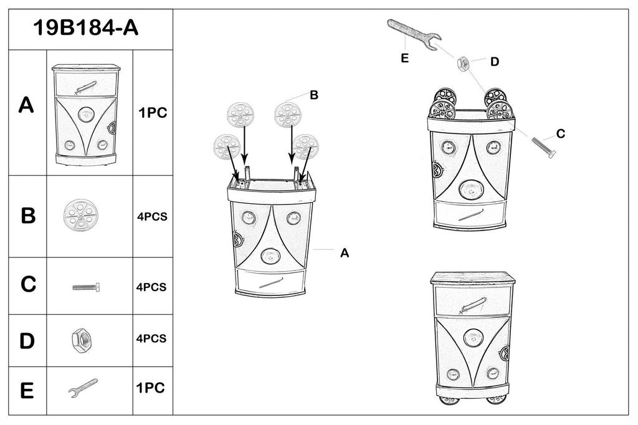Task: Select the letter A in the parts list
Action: click(x=26, y=105)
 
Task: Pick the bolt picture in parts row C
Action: click(x=86, y=287)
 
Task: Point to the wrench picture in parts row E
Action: click(x=83, y=388)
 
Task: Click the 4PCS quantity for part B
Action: click(x=151, y=217)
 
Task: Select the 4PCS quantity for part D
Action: click(x=151, y=338)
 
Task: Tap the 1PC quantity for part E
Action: click(x=150, y=388)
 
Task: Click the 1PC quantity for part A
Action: click(x=153, y=113)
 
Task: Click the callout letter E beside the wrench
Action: click(x=404, y=59)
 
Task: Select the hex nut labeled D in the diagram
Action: click(x=464, y=63)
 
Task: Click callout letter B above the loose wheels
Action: click(x=314, y=95)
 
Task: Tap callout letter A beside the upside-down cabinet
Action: click(x=344, y=252)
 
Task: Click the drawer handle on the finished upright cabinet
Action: click(x=473, y=305)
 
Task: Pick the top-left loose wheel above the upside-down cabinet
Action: click(x=240, y=115)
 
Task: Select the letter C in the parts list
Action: click(x=28, y=284)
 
